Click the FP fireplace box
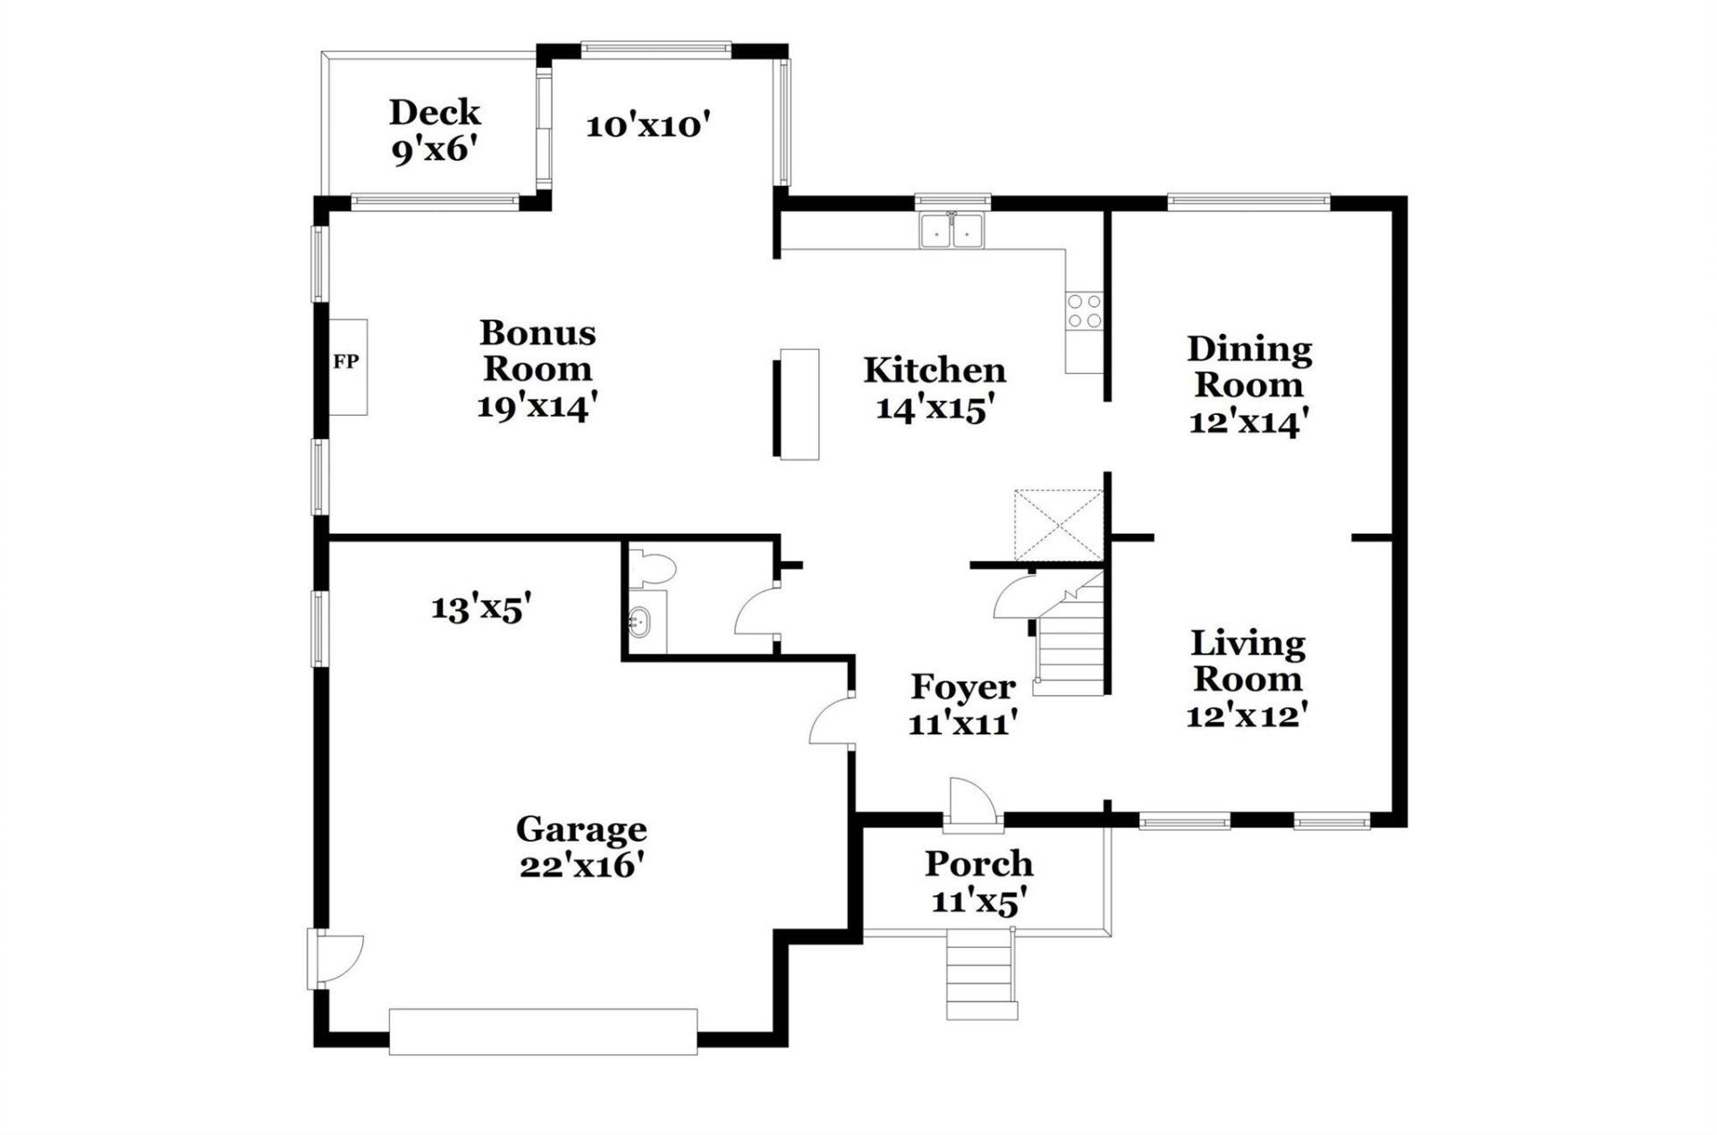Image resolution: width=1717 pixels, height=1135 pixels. [x=347, y=366]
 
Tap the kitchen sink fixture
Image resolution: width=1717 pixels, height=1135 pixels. [x=952, y=230]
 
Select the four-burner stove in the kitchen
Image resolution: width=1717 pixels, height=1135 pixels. [x=1084, y=310]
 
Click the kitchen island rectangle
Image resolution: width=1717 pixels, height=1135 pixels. [x=799, y=404]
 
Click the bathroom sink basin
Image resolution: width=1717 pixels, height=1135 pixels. [x=640, y=619]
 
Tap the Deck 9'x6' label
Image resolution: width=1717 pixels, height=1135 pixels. [x=435, y=131]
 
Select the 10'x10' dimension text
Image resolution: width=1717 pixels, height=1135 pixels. [x=647, y=125]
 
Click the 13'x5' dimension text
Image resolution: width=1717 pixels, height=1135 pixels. [x=481, y=608]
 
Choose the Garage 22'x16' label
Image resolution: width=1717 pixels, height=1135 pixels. [x=581, y=846]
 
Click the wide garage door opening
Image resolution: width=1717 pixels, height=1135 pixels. [x=543, y=1031]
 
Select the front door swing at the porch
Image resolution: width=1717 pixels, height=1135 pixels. [x=970, y=799]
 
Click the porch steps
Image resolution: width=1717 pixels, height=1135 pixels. [x=982, y=975]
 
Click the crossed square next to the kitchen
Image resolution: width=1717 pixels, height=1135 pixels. [x=1059, y=524]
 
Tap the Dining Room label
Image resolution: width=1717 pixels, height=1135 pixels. [x=1248, y=385]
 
